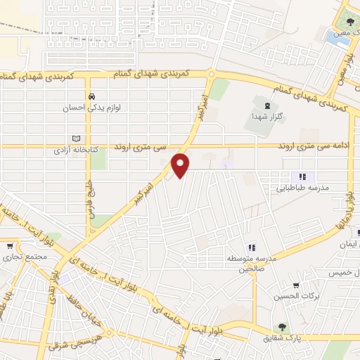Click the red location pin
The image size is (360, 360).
click(181, 165)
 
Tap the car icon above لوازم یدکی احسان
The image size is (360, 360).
click(91, 96)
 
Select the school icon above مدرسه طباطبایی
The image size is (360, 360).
click(302, 177)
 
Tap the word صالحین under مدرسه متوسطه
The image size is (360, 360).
click(252, 268)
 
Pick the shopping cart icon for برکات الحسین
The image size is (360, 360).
click(297, 285)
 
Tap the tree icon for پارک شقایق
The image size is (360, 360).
click(282, 326)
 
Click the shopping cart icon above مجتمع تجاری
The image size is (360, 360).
click(10, 246)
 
